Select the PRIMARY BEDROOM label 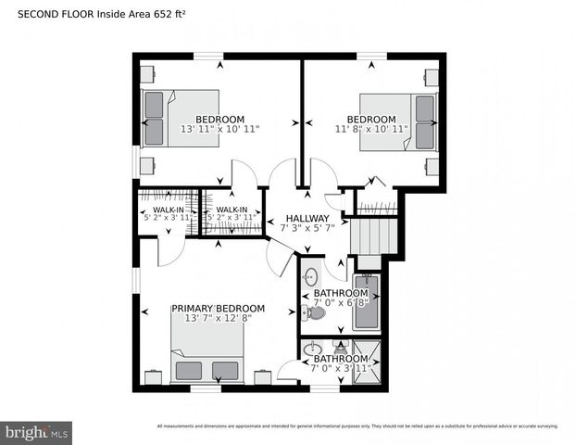tap(219, 308)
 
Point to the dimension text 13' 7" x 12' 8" tap(219, 318)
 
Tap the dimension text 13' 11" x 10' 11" tap(220, 130)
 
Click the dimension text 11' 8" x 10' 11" tap(371, 130)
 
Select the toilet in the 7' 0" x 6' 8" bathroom tap(316, 313)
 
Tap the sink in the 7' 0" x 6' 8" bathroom tap(311, 275)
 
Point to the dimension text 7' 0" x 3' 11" tap(342, 368)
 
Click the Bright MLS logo tap(37, 431)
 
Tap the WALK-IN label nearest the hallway tap(232, 210)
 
